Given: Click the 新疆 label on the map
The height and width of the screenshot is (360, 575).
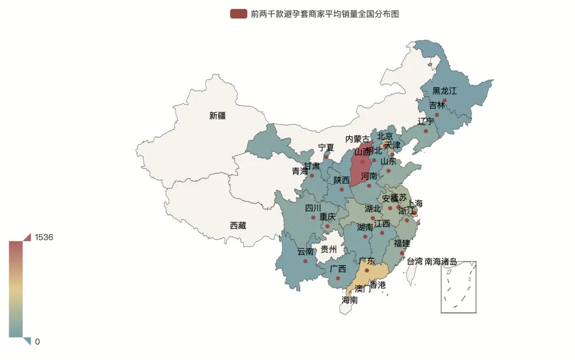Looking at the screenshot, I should (217, 116).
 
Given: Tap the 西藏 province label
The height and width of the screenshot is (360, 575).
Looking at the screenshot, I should (238, 226).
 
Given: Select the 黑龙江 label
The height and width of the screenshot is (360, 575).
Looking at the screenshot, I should (444, 91).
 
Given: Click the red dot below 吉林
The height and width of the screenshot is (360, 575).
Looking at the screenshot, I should (437, 115).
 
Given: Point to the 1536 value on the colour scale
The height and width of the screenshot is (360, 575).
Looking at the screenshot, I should (44, 237).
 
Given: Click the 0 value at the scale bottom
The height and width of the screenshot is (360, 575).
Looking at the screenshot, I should (37, 342).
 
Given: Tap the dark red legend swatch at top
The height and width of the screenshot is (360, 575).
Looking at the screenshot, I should (239, 14).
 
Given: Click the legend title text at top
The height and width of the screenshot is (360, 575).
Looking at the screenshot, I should (325, 14).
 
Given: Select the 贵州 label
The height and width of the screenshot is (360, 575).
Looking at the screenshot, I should (328, 249).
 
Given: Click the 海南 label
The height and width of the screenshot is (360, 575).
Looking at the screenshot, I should (349, 300).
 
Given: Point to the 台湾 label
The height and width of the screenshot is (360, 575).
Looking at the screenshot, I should (415, 261).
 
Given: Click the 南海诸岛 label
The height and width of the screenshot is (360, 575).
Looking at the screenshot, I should (441, 261).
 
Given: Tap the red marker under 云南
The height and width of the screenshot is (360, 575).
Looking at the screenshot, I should (305, 261).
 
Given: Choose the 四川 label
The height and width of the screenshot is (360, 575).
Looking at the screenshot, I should (313, 208).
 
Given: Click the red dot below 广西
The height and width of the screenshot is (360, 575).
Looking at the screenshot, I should (338, 278).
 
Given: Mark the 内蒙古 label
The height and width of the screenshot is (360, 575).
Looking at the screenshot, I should (358, 139).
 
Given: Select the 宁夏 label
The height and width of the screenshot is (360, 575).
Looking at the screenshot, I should (326, 147).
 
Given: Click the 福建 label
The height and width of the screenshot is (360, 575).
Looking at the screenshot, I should (402, 244).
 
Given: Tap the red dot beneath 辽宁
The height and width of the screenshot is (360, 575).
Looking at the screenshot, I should (426, 131).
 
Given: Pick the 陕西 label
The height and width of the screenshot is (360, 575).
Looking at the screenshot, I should (341, 180).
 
